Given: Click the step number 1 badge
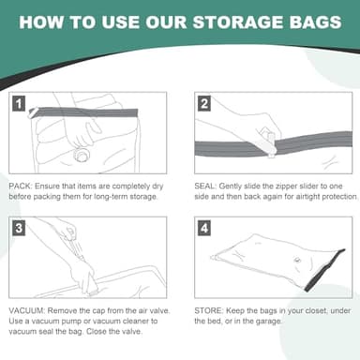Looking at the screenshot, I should pos(19,103).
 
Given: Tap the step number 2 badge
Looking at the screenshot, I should pos(203,103).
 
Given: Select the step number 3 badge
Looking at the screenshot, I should pos(19,228).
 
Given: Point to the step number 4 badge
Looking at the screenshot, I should pos(203,228).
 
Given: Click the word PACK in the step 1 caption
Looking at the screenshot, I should pos(20,186).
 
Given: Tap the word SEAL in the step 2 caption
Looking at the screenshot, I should pos(203,186).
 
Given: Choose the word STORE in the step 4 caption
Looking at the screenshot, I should pos(207,310).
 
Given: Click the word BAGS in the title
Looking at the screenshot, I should pos(310,22).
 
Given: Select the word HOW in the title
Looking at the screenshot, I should pos(42,22).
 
